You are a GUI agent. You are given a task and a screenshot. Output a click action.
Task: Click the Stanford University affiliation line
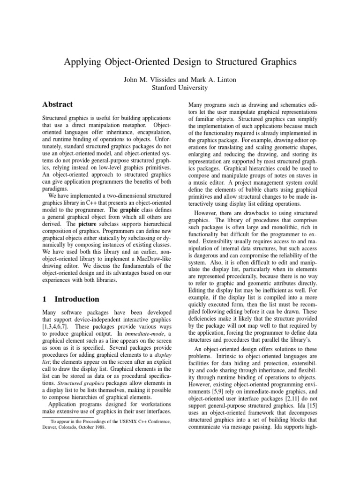coord(180,87)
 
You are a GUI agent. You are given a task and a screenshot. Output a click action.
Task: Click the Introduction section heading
coord(77,299)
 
